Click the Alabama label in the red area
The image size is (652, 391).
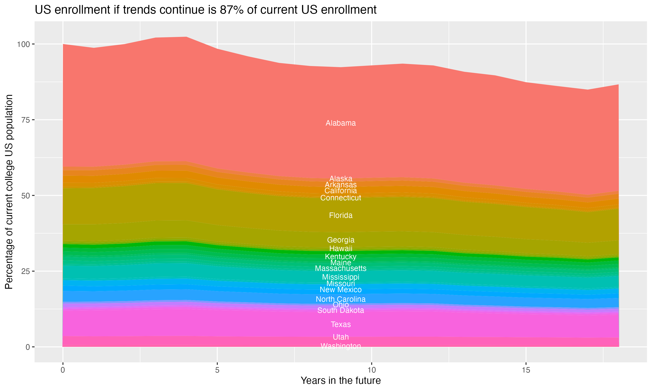click(341, 123)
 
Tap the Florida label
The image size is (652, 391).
click(341, 215)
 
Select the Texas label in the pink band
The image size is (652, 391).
click(341, 324)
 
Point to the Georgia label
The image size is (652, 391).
click(341, 240)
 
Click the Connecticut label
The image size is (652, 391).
click(341, 198)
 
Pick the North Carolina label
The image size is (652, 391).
click(341, 299)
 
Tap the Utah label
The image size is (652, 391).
click(341, 337)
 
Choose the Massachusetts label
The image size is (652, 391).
click(341, 268)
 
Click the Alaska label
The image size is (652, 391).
click(341, 178)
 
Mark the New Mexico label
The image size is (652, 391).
click(341, 290)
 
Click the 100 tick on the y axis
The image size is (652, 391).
click(23, 44)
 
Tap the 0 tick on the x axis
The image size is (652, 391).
click(63, 370)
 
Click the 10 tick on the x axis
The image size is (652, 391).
click(371, 370)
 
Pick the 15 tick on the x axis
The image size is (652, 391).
click(526, 370)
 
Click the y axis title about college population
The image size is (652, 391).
click(9, 192)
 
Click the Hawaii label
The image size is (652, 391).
click(341, 249)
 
